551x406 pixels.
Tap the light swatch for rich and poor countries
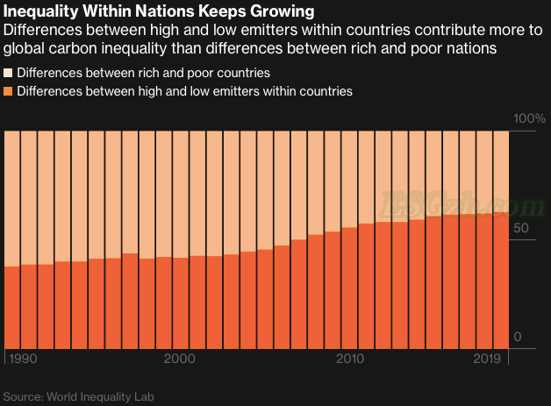coord(9,73)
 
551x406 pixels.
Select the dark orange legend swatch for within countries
coord(9,90)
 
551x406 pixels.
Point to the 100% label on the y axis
coord(528,118)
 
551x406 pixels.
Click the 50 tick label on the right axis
coord(521,228)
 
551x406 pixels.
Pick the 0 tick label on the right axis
coord(518,338)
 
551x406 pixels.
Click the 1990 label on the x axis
coord(22,360)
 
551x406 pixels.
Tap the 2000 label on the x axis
coord(179,360)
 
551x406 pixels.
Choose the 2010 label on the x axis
coord(349,360)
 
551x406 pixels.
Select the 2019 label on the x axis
coord(487,360)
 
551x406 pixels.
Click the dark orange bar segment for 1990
coord(12,307)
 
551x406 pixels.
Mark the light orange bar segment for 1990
coord(12,197)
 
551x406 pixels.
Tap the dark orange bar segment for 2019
coord(501,281)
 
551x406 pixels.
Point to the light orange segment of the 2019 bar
coord(501,171)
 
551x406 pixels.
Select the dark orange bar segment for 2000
coord(181,303)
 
